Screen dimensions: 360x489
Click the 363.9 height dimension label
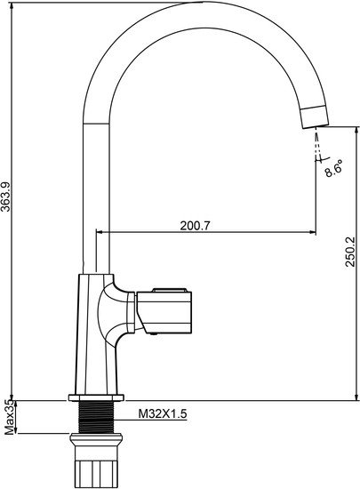click(6, 196)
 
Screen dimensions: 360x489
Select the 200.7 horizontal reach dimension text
click(196, 225)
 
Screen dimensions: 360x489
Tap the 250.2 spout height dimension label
click(350, 252)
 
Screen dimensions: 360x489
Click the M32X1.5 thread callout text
click(163, 413)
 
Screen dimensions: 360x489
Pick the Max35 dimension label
click(10, 418)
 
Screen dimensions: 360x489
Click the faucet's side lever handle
click(164, 311)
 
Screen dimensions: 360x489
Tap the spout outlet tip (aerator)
click(315, 117)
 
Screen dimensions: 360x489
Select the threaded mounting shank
click(96, 417)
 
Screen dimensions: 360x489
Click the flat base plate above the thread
click(96, 397)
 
